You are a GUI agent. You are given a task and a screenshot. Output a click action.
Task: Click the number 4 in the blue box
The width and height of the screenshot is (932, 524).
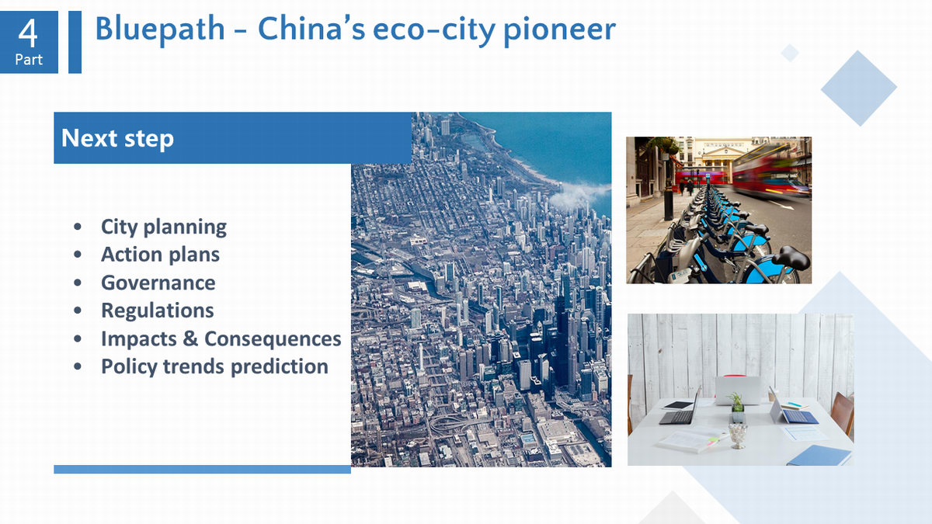click(28, 33)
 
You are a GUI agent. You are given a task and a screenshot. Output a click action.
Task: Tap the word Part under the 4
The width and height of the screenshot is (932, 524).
click(29, 60)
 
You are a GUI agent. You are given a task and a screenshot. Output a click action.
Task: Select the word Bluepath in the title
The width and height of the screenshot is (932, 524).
click(160, 30)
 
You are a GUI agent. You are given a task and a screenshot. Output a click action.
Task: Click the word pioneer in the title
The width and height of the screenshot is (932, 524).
click(559, 31)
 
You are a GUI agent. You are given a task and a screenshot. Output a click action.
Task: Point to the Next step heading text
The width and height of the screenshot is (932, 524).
click(117, 138)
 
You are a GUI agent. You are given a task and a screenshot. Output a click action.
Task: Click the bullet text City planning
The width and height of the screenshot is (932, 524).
click(164, 227)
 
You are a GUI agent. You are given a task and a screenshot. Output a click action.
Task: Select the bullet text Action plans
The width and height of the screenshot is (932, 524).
click(160, 255)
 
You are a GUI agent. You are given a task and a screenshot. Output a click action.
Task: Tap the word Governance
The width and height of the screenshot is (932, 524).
click(158, 283)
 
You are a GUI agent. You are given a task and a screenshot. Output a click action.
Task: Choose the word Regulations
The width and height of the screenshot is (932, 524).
click(158, 311)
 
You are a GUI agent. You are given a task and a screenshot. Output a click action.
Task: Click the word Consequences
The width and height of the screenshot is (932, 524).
click(273, 338)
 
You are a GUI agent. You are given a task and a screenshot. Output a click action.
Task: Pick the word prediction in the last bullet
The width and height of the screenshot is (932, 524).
click(279, 366)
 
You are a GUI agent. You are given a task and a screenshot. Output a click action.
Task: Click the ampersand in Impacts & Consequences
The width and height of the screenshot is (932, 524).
click(190, 338)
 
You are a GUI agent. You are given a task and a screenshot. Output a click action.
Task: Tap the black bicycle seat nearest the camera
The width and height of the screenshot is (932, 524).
click(791, 258)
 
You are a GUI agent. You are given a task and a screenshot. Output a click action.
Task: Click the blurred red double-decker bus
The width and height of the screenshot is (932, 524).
click(770, 172)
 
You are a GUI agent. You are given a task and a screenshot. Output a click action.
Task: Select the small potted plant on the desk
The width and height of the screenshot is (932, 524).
click(738, 408)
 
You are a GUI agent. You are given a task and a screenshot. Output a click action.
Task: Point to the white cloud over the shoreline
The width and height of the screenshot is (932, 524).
click(579, 195)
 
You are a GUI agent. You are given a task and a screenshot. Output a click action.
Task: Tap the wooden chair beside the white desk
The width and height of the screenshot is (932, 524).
click(842, 413)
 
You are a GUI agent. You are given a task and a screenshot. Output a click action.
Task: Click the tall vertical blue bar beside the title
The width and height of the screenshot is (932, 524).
click(75, 42)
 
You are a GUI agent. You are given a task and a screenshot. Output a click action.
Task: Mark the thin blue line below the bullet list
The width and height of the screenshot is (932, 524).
click(202, 469)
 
